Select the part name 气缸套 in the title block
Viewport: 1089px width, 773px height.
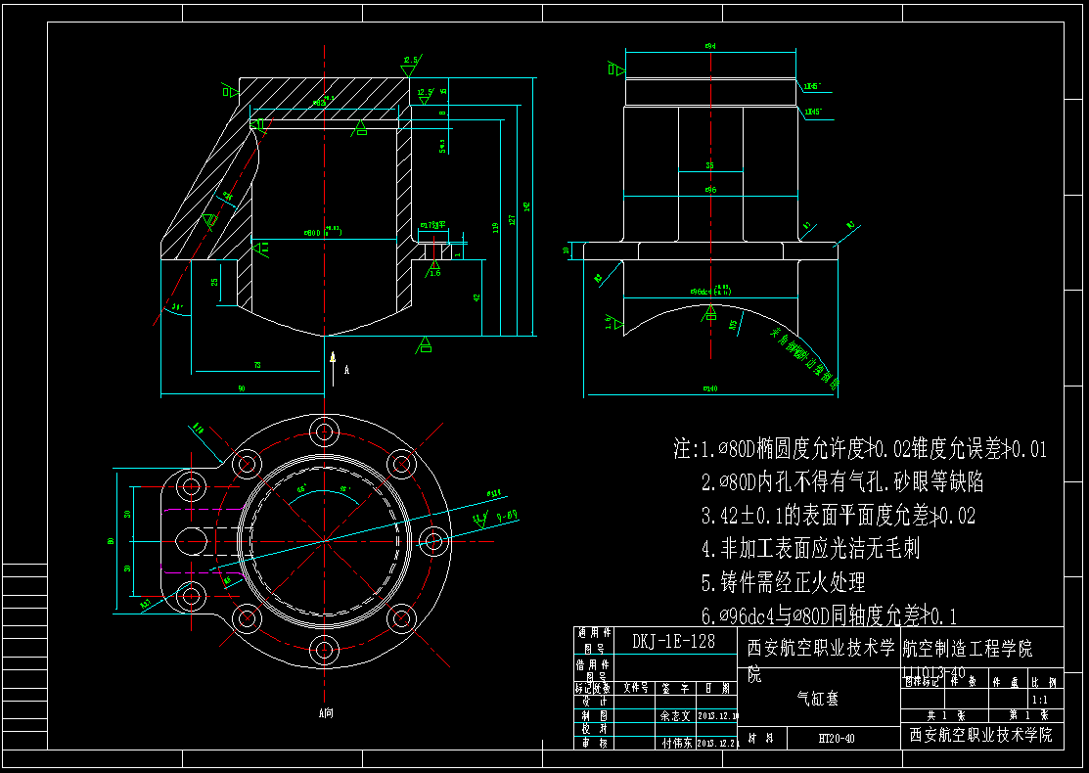(x=818, y=699)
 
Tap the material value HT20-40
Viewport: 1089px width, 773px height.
(x=837, y=739)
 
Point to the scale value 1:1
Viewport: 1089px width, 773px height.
(x=1039, y=700)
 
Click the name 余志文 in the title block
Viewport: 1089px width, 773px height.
(x=676, y=715)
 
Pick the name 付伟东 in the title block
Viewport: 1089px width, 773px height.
(x=676, y=743)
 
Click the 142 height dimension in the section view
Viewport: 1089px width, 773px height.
(x=527, y=206)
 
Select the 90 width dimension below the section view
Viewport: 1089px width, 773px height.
(x=242, y=389)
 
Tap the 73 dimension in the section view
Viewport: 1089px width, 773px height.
(x=257, y=365)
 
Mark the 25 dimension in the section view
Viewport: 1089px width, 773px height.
(x=214, y=282)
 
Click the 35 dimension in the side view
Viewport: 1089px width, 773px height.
(x=710, y=165)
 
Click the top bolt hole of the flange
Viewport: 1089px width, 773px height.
(x=323, y=432)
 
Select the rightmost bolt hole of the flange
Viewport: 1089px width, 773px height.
(x=432, y=540)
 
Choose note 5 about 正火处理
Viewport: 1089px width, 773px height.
(x=783, y=583)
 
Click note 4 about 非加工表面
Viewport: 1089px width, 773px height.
(x=810, y=549)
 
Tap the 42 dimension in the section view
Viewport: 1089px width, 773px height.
(x=476, y=296)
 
